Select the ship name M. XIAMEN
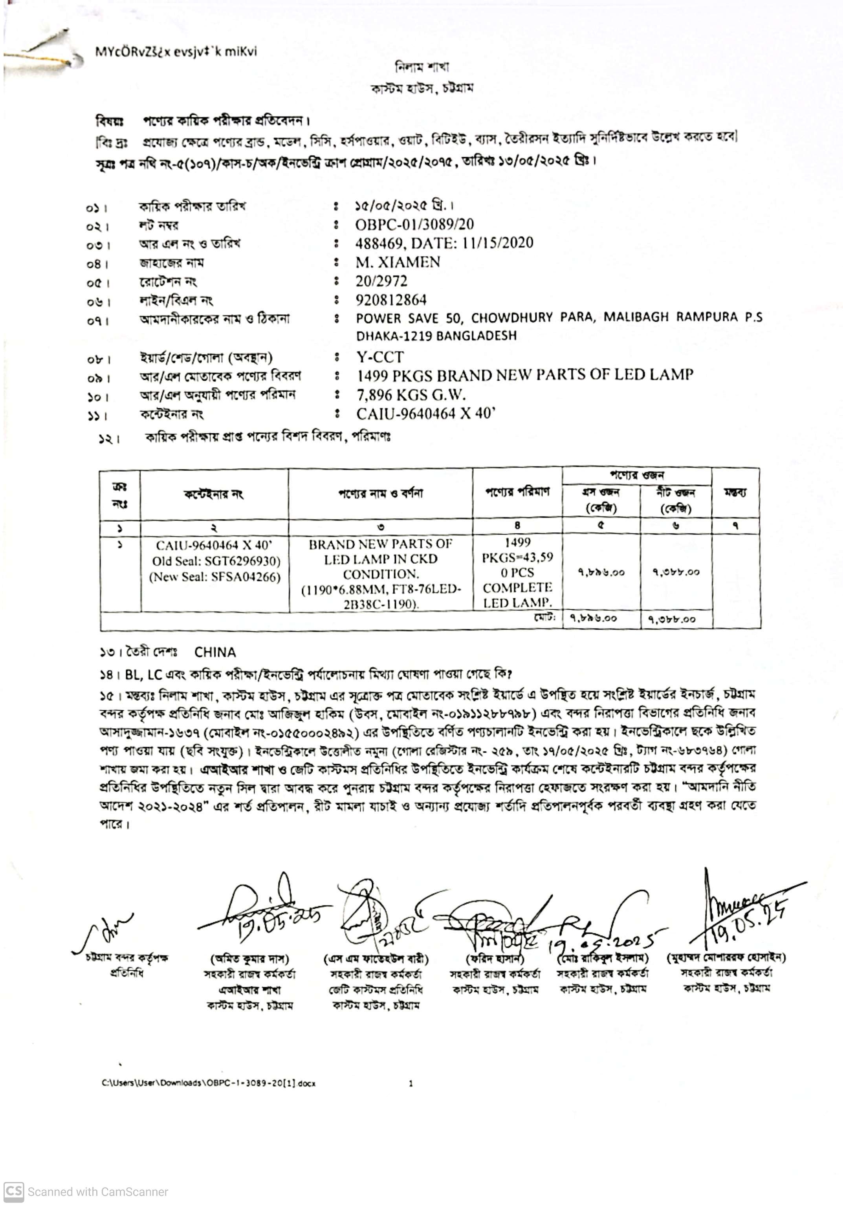tap(398, 262)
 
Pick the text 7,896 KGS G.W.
tap(411, 394)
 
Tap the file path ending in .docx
tap(209, 1083)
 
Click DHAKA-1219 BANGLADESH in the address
tap(436, 335)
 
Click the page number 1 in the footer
tap(411, 1083)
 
